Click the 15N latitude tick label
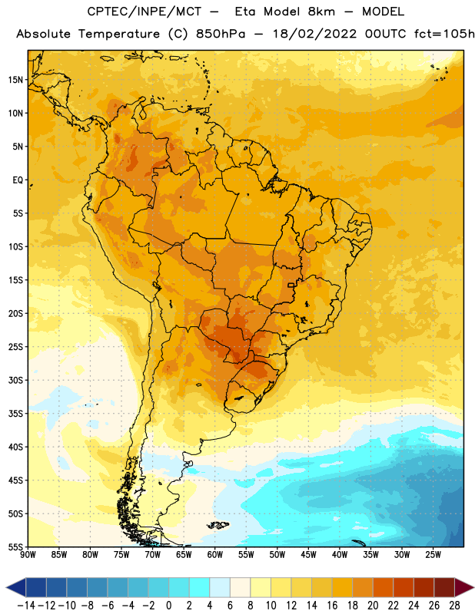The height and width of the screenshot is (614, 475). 15,80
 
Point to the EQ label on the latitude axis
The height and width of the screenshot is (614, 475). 18,180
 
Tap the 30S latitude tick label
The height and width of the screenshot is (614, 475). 15,380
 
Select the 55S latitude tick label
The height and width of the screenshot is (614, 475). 15,547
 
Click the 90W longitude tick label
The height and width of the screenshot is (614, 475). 28,555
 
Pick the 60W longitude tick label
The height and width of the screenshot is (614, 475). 215,555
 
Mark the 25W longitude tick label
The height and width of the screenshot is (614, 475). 433,555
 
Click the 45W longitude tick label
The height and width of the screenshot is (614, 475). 308,555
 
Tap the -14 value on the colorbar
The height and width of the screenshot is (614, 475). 26,606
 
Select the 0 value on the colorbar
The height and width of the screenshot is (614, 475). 168,606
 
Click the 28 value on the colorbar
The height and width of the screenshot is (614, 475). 454,606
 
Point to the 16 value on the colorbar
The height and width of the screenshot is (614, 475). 332,606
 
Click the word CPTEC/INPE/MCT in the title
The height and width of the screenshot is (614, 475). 144,12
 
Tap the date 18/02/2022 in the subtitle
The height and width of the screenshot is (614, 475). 314,34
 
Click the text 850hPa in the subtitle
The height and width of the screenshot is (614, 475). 221,34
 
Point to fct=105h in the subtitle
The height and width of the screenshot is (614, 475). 444,34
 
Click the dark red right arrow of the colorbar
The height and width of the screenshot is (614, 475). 463,587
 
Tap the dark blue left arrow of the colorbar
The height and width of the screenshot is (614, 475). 16,587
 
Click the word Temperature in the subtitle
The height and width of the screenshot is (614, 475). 119,35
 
